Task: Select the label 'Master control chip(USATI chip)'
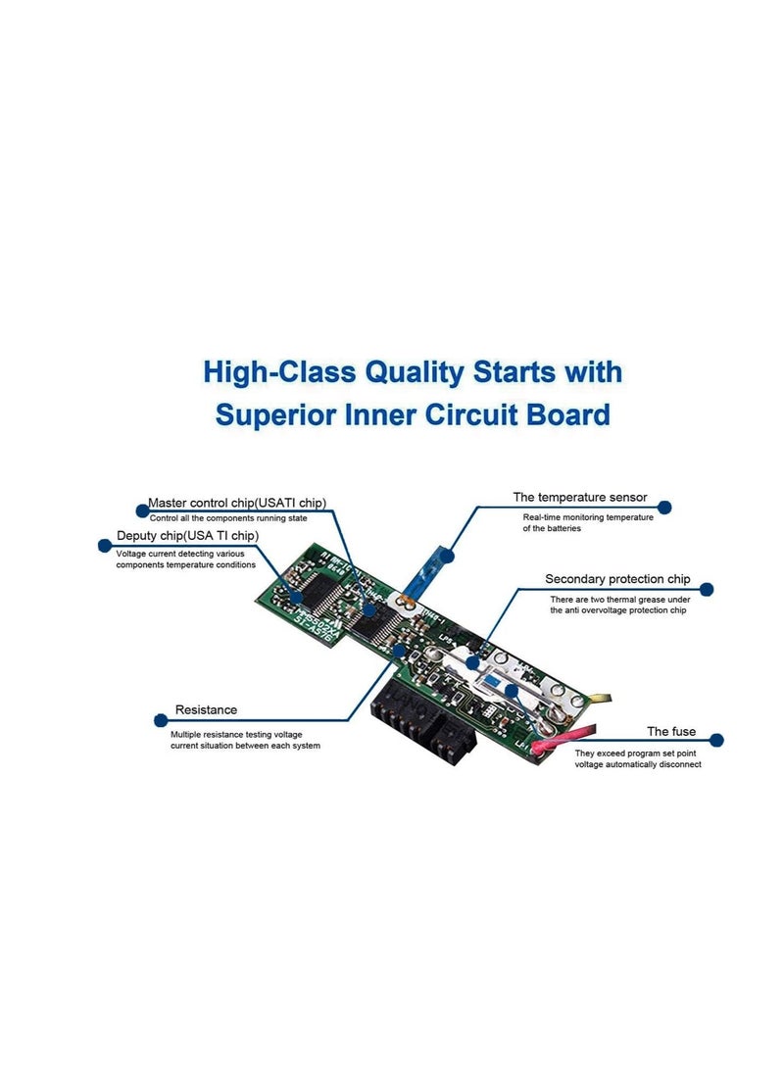tap(236, 503)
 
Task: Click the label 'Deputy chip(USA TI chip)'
tap(187, 536)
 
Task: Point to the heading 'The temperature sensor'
tap(580, 498)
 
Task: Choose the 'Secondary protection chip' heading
tap(617, 579)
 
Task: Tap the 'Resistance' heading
tap(206, 709)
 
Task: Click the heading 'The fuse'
tap(671, 731)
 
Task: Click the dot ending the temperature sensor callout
tap(664, 508)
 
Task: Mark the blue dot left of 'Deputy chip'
tap(104, 545)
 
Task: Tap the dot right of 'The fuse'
tap(716, 740)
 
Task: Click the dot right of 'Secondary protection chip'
tap(709, 590)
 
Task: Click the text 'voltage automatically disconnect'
tap(638, 765)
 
